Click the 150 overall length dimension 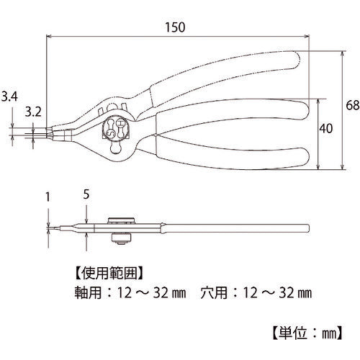[175, 27]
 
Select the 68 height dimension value [353, 105]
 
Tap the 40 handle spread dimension [325, 128]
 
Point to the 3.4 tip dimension [9, 96]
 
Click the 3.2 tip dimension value [33, 112]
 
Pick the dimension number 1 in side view [48, 197]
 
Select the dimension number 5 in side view [86, 194]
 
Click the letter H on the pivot [120, 124]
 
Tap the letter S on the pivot [111, 132]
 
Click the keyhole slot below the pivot [116, 147]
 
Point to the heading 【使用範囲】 [109, 273]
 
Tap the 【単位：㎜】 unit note [307, 333]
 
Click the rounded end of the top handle [297, 60]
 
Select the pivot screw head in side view [121, 220]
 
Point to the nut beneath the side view [122, 238]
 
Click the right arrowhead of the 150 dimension [307, 37]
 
